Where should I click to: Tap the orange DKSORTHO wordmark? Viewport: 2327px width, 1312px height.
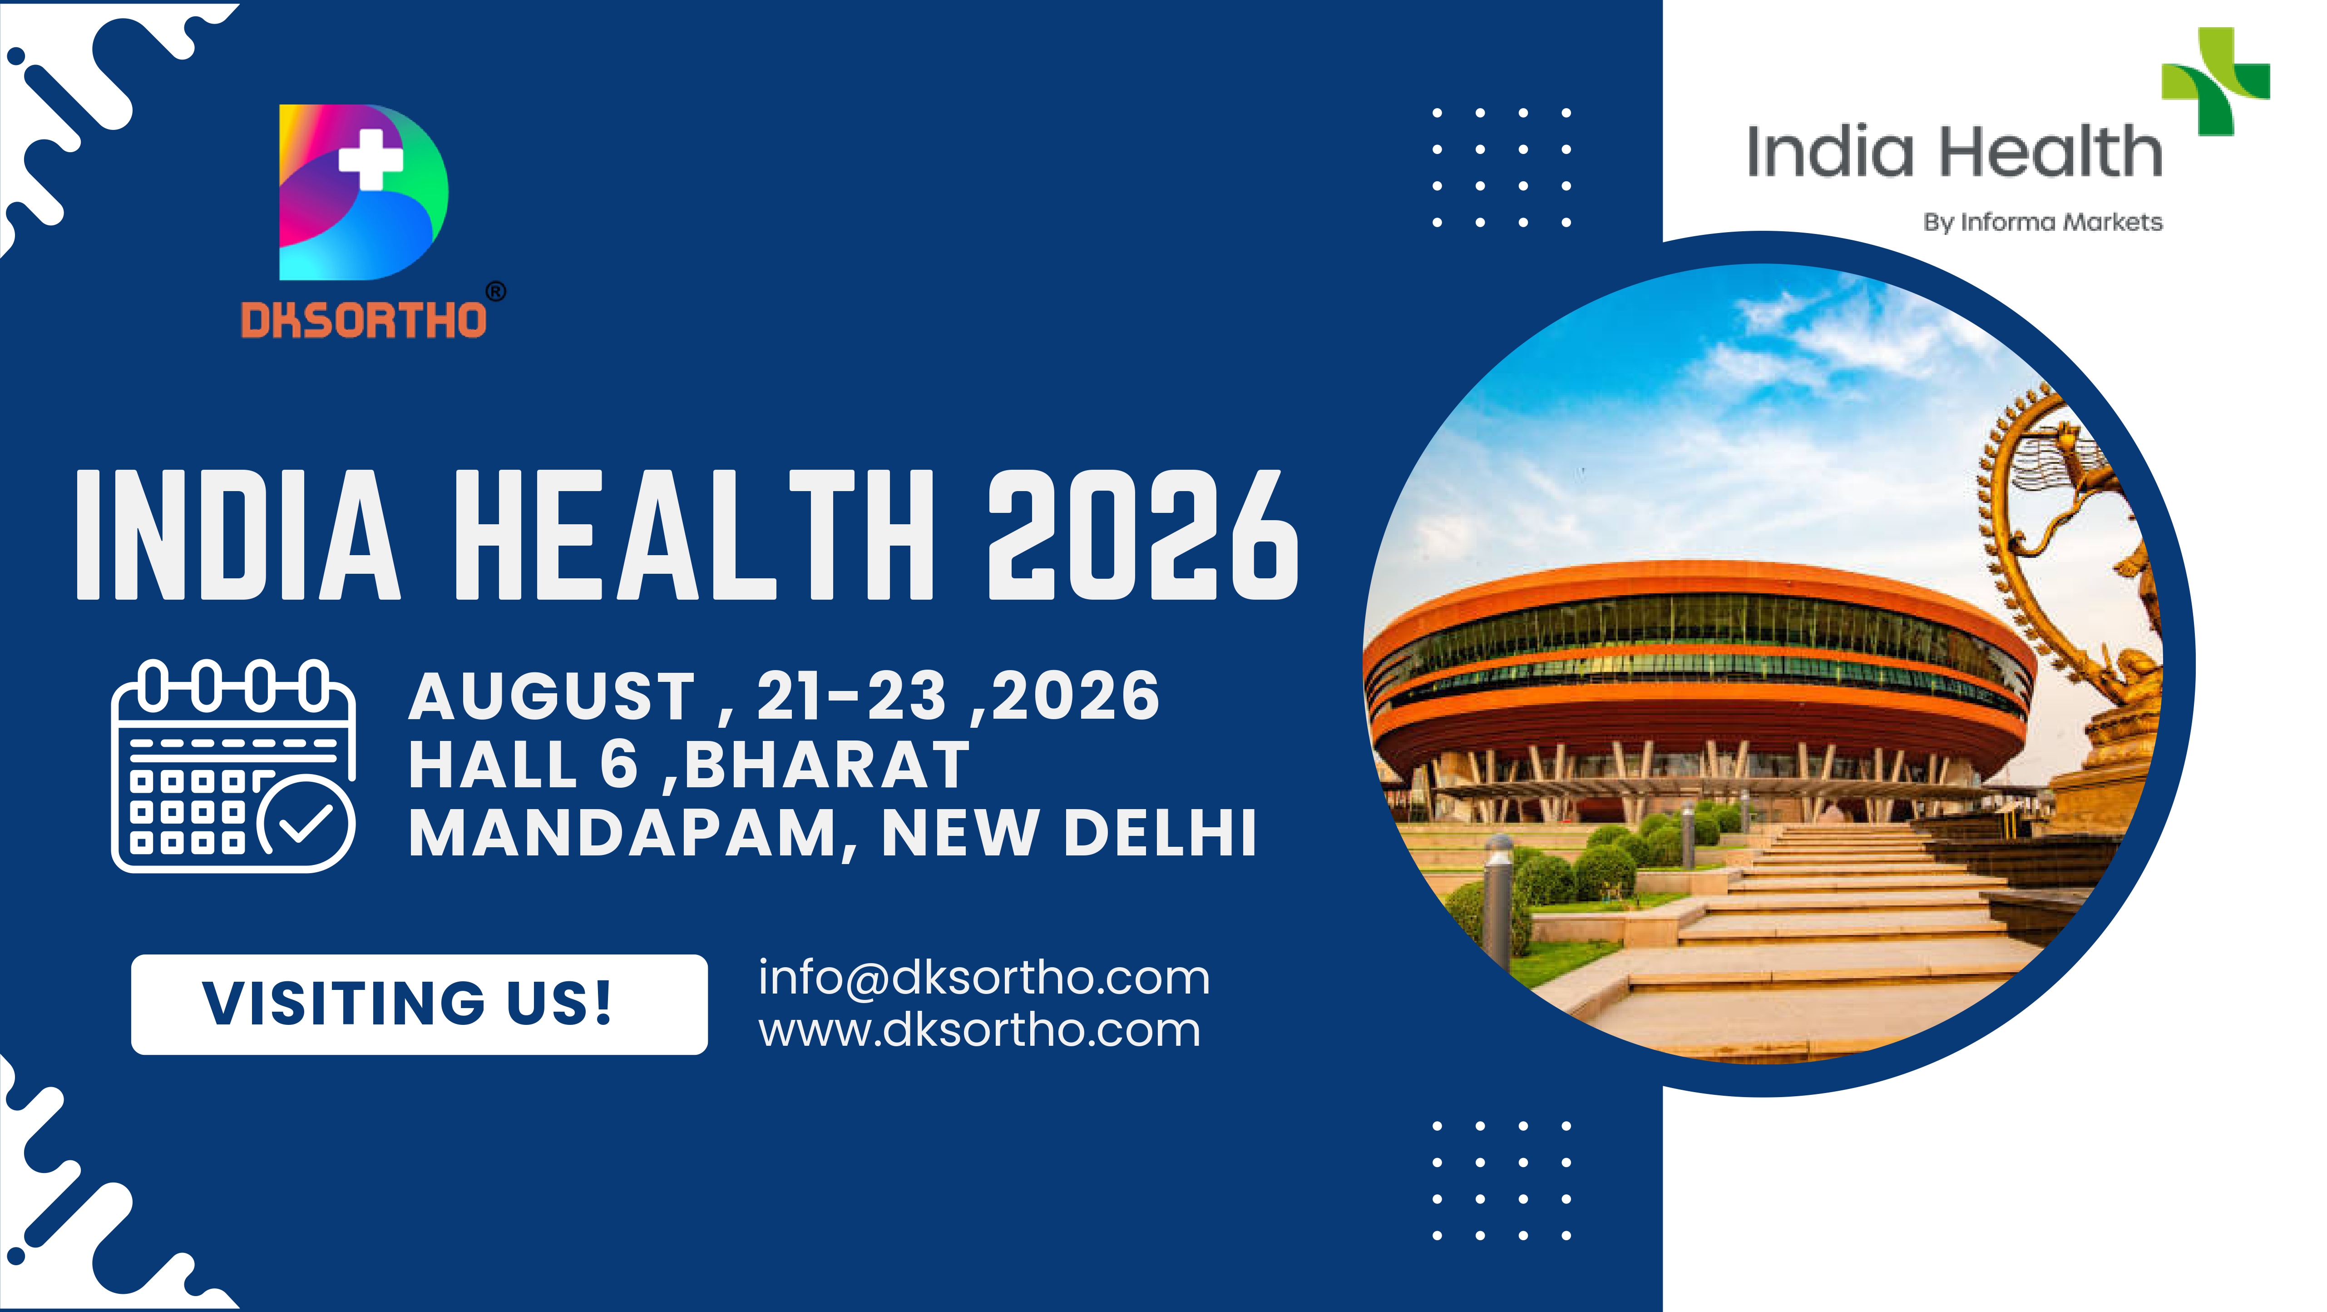(x=363, y=320)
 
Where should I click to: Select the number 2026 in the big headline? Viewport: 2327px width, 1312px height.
(x=1143, y=535)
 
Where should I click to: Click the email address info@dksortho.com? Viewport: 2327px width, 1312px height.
(x=984, y=978)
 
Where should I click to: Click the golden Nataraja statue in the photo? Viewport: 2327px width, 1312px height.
(x=2078, y=578)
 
